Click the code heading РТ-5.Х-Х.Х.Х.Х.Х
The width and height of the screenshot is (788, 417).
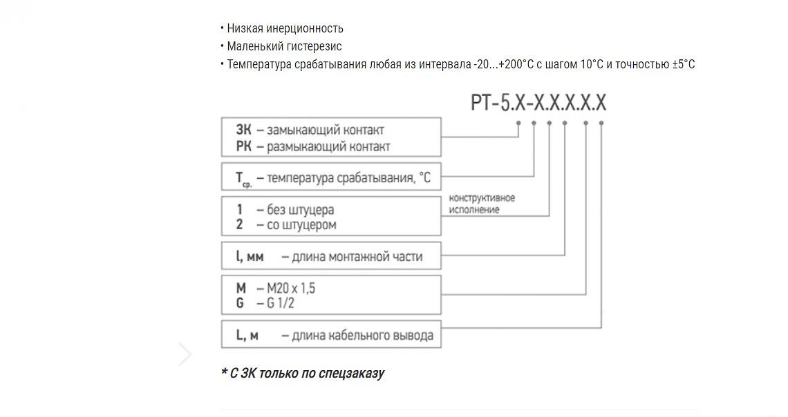coord(538,103)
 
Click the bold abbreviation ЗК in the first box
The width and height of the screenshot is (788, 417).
coord(243,130)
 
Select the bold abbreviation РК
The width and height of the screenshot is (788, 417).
coord(243,146)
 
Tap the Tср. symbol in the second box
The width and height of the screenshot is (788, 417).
coord(243,179)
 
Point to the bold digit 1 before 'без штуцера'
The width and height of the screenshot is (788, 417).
coord(239,209)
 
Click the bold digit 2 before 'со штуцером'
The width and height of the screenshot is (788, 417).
coord(239,225)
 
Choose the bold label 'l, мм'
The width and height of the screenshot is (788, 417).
coord(250,257)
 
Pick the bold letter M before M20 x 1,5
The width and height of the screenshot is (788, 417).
coord(241,289)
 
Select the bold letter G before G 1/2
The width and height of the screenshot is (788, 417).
coord(240,303)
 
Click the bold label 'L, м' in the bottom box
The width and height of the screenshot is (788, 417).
coord(247,336)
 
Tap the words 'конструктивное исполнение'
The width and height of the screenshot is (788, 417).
coord(482,204)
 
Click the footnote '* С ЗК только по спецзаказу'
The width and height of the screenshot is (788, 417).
coord(302,374)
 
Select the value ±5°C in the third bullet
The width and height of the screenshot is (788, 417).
coord(684,64)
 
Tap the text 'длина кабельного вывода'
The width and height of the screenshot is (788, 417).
coord(363,336)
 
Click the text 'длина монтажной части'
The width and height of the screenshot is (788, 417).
coord(357,257)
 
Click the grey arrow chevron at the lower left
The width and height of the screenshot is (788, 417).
coord(185,354)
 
